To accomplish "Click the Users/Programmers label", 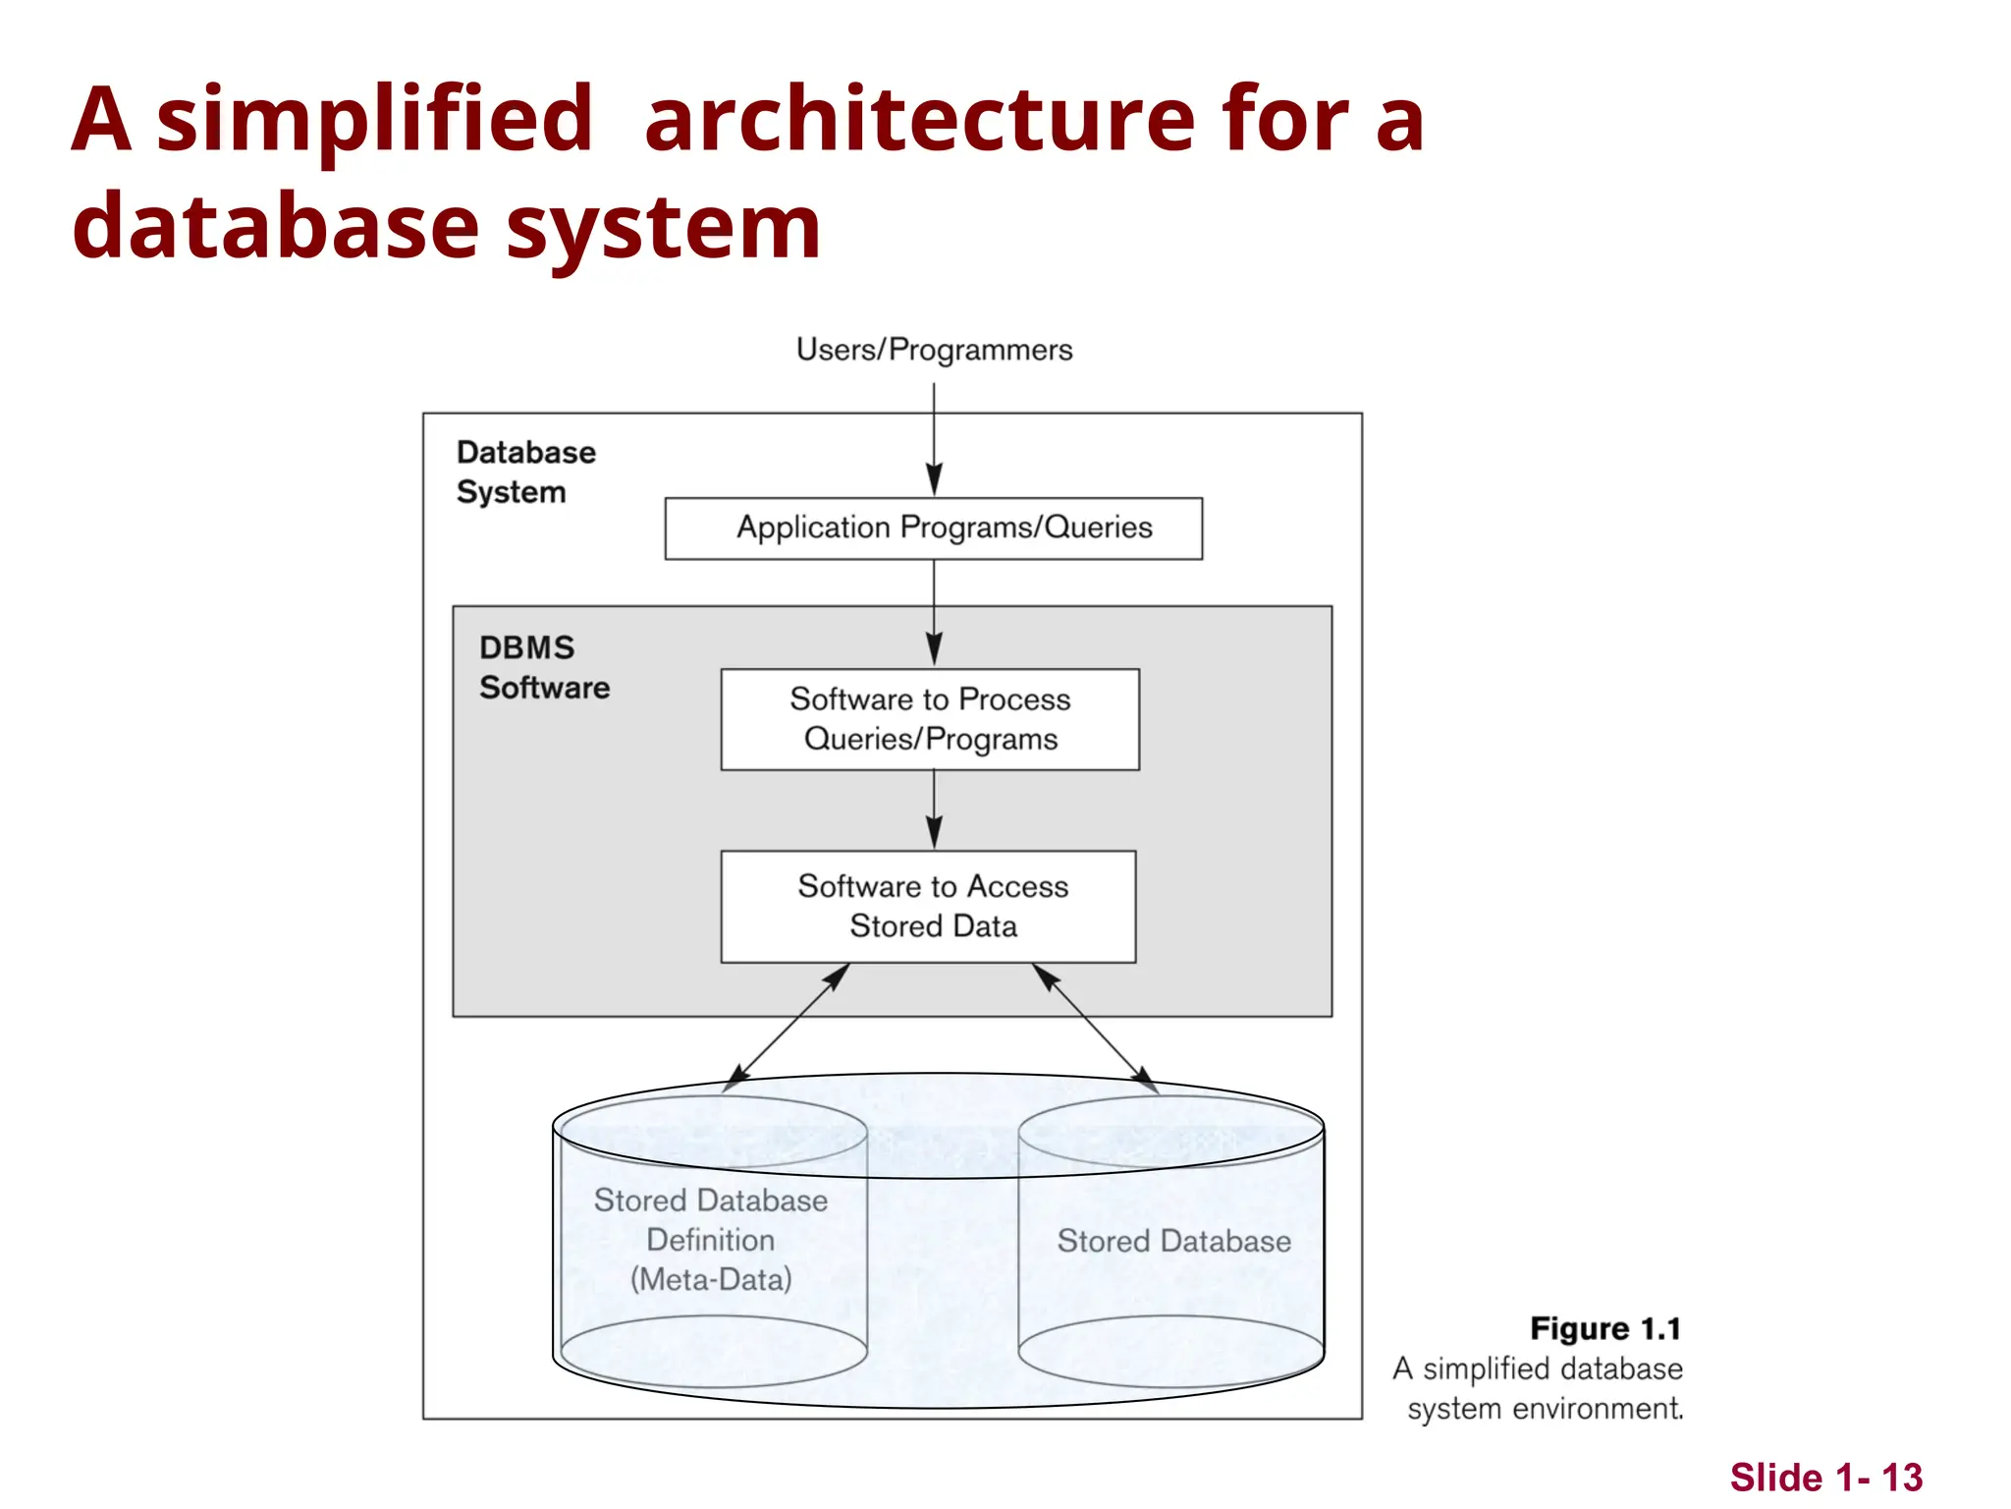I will point(934,350).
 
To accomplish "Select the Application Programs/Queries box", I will point(934,529).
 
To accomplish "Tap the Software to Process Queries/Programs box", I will point(930,719).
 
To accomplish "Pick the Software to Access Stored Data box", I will point(929,906).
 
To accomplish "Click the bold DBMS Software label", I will point(544,668).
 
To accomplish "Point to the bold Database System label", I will point(525,472).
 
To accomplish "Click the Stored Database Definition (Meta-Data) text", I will point(711,1240).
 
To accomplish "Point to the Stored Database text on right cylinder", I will point(1173,1242).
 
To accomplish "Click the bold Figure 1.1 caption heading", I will point(1605,1329).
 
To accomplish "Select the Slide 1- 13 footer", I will point(1825,1478).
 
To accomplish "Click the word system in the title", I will point(664,228).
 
